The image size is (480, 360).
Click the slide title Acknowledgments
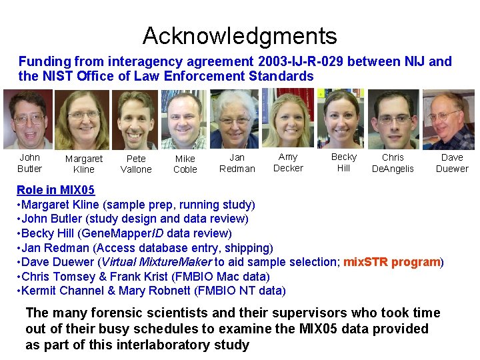(x=239, y=35)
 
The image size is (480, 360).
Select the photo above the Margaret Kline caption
(x=82, y=120)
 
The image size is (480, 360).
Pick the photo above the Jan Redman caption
(x=235, y=119)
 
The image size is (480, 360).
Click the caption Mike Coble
(x=185, y=164)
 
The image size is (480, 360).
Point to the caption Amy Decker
(x=288, y=163)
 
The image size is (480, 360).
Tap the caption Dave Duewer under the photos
(x=452, y=163)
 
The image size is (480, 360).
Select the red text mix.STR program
(x=392, y=262)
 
